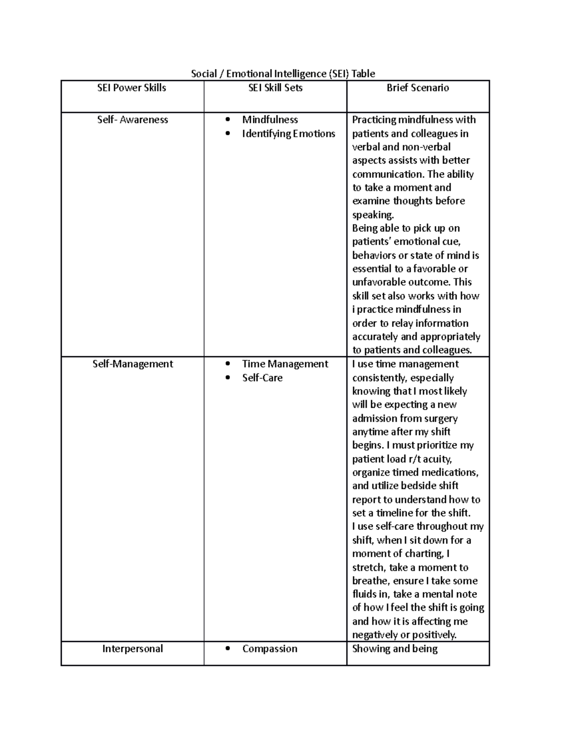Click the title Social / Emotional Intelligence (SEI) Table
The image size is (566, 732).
point(283,74)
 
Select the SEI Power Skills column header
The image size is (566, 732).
point(132,88)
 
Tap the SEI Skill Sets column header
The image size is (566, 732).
point(275,88)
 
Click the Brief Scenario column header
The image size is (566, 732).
point(418,88)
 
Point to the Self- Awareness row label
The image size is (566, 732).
point(133,120)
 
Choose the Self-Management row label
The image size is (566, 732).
point(133,364)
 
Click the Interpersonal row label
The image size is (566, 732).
point(133,649)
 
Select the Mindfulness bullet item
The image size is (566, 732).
point(270,120)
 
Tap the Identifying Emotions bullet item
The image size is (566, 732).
point(288,134)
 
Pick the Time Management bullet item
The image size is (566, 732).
point(285,364)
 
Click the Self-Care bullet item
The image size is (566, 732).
point(262,378)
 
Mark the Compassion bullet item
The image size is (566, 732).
point(270,649)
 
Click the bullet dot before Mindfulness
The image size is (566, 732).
point(228,120)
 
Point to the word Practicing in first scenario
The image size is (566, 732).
point(374,120)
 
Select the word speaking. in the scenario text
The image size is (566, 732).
point(373,215)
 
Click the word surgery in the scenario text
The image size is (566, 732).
point(441,419)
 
